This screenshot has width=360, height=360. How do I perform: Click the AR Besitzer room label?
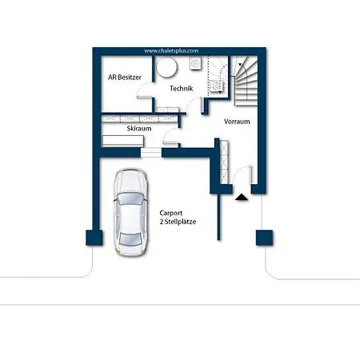[125, 78]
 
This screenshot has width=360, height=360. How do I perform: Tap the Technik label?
[182, 88]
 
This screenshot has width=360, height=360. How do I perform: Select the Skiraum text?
[139, 129]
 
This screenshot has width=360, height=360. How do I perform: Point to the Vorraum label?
[237, 122]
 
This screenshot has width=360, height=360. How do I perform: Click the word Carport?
[171, 213]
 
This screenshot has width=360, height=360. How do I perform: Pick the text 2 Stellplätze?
[178, 222]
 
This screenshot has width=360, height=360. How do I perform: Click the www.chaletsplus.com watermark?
[171, 51]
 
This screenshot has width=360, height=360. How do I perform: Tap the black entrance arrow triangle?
[242, 198]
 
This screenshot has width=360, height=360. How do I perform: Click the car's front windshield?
[130, 199]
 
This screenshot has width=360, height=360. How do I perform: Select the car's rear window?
[130, 239]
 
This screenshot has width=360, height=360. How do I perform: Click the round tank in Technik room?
[166, 67]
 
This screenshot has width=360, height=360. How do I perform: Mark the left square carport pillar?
[94, 238]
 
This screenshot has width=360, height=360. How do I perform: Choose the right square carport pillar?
[264, 238]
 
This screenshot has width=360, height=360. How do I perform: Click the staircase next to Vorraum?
[246, 82]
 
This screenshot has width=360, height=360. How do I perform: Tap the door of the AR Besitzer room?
[144, 90]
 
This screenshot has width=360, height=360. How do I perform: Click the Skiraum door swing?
[170, 137]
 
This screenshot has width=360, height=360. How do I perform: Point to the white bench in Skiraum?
[123, 141]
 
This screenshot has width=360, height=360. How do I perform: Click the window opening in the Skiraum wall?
[151, 153]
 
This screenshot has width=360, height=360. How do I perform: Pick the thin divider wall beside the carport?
[218, 217]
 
